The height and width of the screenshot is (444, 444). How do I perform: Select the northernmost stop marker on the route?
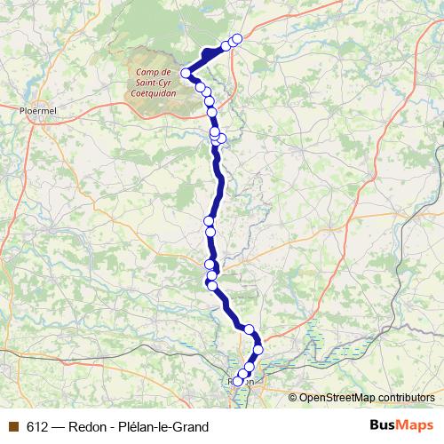point(237,39)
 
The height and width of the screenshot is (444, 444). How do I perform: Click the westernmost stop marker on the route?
point(186,73)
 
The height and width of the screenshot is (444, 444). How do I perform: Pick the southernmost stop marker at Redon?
point(238,383)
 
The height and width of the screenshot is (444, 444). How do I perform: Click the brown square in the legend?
point(12,427)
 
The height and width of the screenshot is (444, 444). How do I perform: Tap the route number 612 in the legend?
point(37,427)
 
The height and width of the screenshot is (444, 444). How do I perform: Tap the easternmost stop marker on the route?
point(258,349)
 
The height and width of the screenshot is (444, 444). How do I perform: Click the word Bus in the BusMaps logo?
point(382,426)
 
